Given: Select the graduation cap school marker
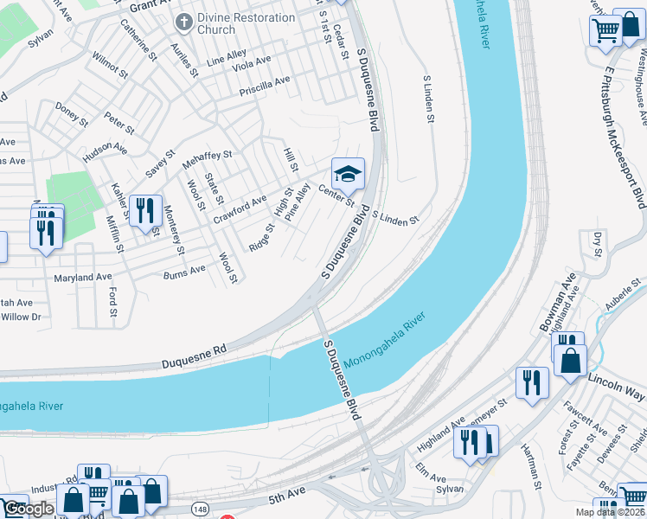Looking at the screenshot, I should coord(348,176).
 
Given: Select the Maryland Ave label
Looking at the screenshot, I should coord(84,278).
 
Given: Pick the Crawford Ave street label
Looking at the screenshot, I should coord(240,209).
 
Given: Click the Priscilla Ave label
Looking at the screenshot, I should coord(265,85).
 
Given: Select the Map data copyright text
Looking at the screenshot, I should coord(611,512).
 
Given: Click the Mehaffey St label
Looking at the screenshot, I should coord(207,160).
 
